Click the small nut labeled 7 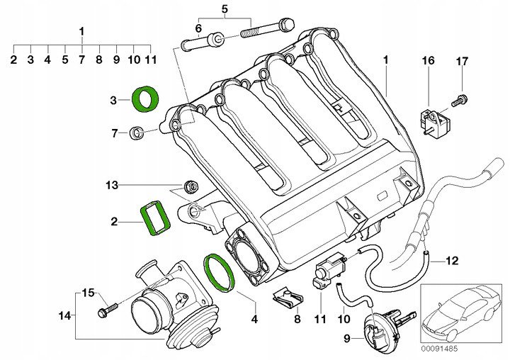click(139, 132)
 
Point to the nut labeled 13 click(190, 186)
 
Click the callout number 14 click(65, 315)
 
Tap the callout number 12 click(452, 261)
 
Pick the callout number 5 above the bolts click(225, 9)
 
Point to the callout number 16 click(428, 62)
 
